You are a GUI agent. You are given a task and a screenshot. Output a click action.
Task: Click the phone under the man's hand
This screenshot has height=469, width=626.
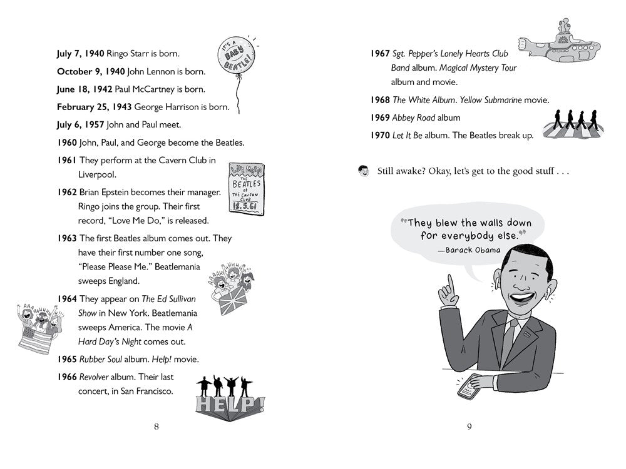[469, 390]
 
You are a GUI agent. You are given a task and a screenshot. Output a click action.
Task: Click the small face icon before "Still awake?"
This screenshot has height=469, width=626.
[363, 171]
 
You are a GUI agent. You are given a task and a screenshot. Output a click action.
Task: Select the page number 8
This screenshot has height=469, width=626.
[156, 426]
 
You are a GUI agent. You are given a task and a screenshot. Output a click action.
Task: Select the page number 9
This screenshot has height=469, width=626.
[469, 426]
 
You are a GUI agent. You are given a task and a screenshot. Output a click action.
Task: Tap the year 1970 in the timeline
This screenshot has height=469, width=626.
[380, 135]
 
